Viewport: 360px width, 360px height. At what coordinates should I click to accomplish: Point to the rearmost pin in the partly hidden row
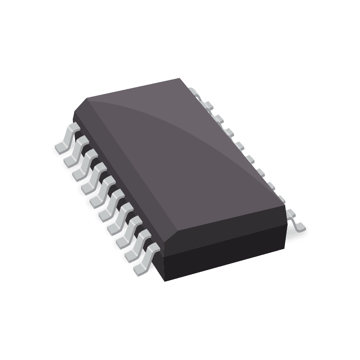194,92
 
